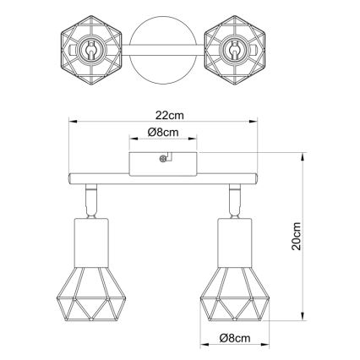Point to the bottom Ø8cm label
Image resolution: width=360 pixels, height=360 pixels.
[236, 339]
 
